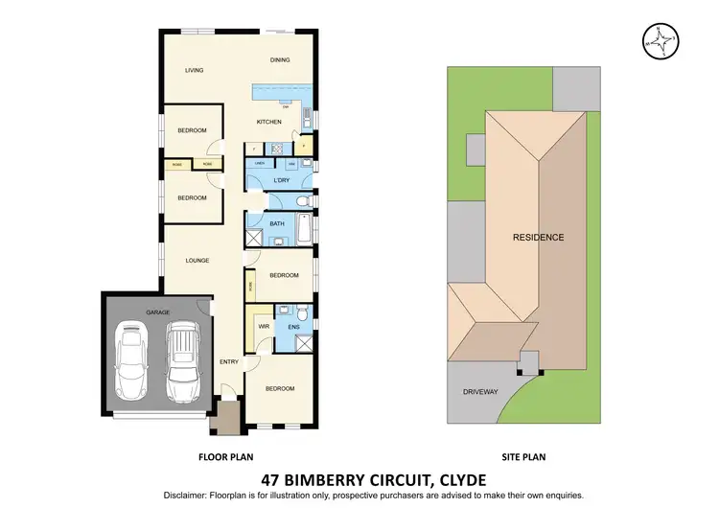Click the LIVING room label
pos(195,70)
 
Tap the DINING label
pos(280,60)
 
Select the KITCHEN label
pos(268,122)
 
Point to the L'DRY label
pos(282,181)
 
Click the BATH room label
pos(276,223)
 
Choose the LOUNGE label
pos(197,260)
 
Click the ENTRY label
pos(228,361)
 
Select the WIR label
pos(263,327)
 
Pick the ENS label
pos(294,327)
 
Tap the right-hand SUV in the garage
pos(181,361)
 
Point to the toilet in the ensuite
pos(300,313)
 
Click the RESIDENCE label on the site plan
pos(538,237)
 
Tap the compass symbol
pos(661,39)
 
